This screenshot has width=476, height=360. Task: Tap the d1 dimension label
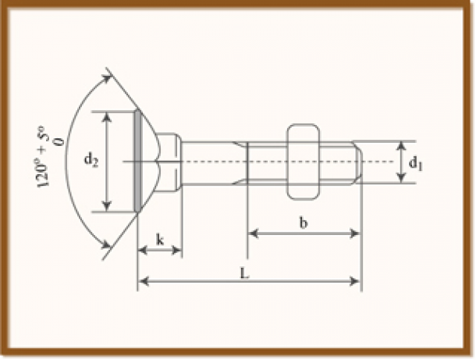coord(417,163)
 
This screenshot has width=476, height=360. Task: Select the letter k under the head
coord(159,241)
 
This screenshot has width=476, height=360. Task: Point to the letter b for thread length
coord(304,223)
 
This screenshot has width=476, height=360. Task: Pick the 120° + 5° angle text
coord(44,159)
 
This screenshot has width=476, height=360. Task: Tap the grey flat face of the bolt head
coord(138,161)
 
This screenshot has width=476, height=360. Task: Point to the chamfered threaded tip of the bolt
coord(357,162)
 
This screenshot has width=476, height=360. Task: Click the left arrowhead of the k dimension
coord(142,250)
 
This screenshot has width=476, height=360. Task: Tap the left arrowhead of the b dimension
coord(253,233)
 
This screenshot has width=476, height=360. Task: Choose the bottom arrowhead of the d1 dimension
coord(401,179)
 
